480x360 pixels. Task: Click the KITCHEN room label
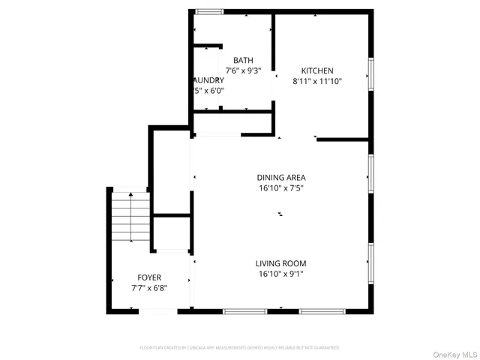[x=317, y=70]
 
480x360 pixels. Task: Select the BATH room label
[x=243, y=61]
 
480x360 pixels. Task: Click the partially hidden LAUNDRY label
[x=208, y=80]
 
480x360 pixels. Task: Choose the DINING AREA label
[x=280, y=178]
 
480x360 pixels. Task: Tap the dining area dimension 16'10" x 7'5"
[x=280, y=188]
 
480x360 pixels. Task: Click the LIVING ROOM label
[x=280, y=263]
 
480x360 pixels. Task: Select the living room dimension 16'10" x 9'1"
[x=280, y=274]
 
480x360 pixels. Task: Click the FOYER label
[x=148, y=277]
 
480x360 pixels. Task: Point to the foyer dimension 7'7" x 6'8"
[x=148, y=288]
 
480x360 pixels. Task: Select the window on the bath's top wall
[x=209, y=11]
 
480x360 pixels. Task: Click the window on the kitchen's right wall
[x=370, y=73]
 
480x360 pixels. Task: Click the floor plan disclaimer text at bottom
[x=239, y=348]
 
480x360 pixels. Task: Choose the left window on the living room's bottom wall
[x=244, y=310]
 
